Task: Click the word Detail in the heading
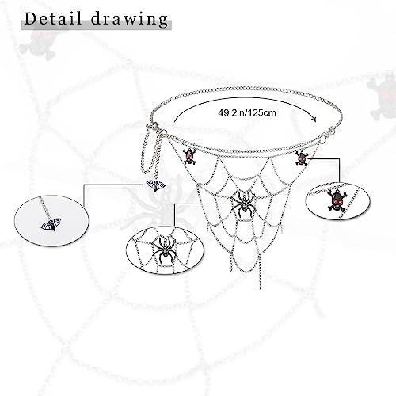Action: [x=55, y=18]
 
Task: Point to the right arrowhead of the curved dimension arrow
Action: [x=314, y=120]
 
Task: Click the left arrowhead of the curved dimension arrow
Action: [x=176, y=120]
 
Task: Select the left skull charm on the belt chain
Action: [x=189, y=155]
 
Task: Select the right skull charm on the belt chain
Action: [x=301, y=158]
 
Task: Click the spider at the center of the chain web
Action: [x=243, y=203]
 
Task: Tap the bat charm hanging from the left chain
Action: [x=154, y=185]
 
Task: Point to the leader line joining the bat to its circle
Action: [x=111, y=185]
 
